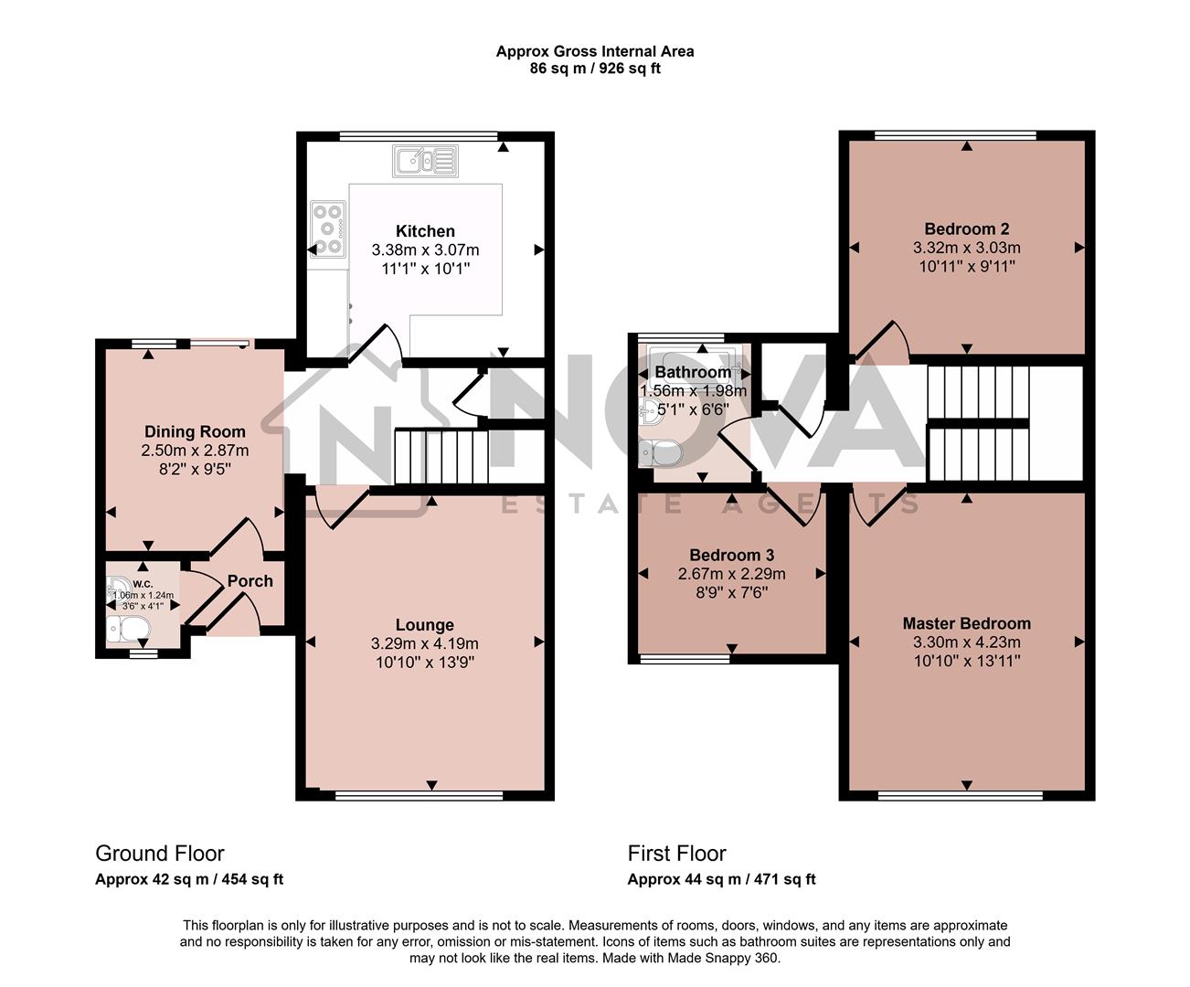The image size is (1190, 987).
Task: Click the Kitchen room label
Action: point(425,231)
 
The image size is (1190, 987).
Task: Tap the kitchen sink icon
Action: point(426,162)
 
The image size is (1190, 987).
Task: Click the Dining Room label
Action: point(195,431)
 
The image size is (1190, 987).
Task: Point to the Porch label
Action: point(250,581)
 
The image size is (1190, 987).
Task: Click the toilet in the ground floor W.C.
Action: point(128,628)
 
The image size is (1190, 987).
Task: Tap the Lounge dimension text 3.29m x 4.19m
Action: point(425,643)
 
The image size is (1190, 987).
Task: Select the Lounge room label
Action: point(425,625)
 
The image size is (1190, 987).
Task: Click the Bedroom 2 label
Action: point(966,229)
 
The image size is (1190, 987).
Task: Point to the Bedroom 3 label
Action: point(731,556)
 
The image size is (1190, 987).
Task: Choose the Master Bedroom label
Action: point(966,623)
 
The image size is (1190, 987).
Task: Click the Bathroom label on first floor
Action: point(693,373)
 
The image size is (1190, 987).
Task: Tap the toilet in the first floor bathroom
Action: point(660,451)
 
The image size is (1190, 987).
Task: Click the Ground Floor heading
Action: point(160,854)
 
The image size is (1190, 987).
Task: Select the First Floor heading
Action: point(676,854)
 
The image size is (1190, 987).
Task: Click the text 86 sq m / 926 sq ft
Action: point(595,69)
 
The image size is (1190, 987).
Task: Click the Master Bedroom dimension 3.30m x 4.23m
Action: point(966,642)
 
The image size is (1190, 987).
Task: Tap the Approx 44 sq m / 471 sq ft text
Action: point(721,879)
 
